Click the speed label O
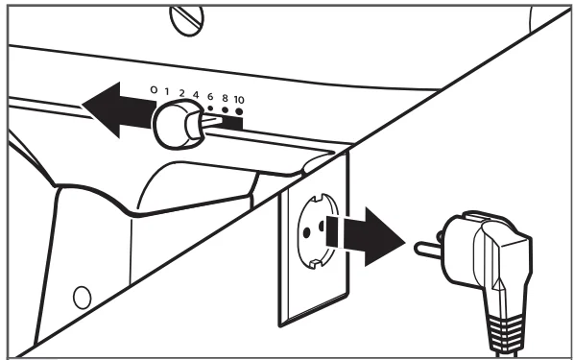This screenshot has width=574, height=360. (x=154, y=89)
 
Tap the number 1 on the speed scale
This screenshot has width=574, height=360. (x=167, y=91)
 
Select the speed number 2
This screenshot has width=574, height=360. (x=181, y=93)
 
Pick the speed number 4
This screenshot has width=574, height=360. (x=196, y=95)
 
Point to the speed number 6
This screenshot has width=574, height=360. (x=210, y=97)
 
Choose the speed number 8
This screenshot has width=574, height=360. (x=225, y=98)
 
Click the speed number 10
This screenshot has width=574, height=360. (x=239, y=100)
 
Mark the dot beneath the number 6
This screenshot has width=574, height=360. (x=210, y=108)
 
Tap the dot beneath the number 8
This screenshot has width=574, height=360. (x=226, y=109)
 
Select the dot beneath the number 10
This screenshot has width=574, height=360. (x=239, y=111)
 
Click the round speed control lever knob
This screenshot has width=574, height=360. (x=178, y=125)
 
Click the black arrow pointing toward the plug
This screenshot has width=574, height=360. (x=366, y=236)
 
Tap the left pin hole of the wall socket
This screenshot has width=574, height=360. (x=307, y=231)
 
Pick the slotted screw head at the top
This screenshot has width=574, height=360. (x=187, y=21)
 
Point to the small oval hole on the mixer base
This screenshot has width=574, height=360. (x=83, y=298)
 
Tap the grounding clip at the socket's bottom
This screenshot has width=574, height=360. (x=315, y=263)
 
